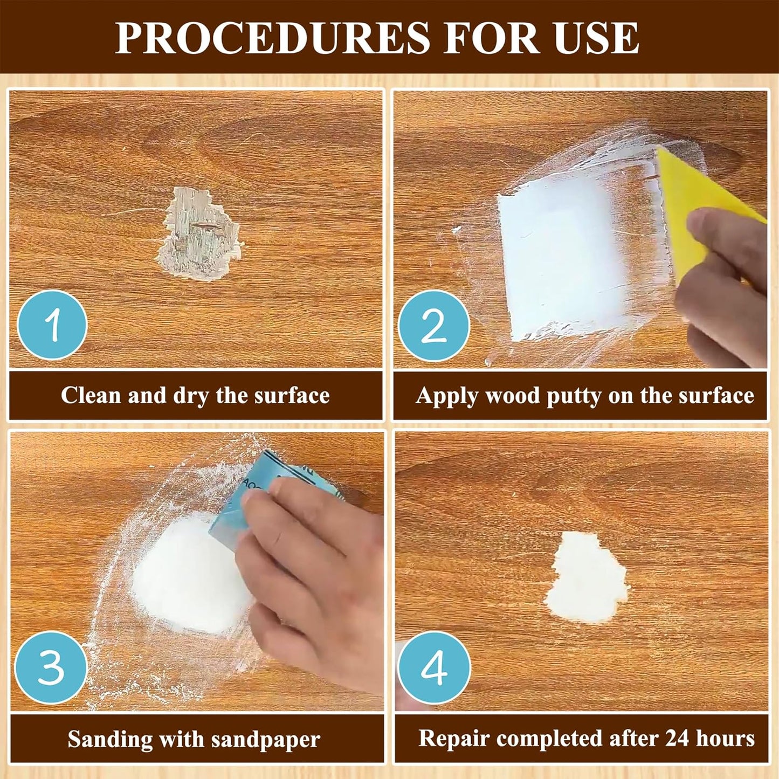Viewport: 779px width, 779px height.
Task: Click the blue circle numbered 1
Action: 52,325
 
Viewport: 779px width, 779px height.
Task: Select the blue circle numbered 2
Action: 434,325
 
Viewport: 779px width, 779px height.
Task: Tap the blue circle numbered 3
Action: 51,667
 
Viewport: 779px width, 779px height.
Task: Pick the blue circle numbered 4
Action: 434,667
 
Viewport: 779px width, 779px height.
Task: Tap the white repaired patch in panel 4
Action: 586,580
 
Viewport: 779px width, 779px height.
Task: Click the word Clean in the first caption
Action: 91,395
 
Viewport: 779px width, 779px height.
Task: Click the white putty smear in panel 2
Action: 561,259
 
